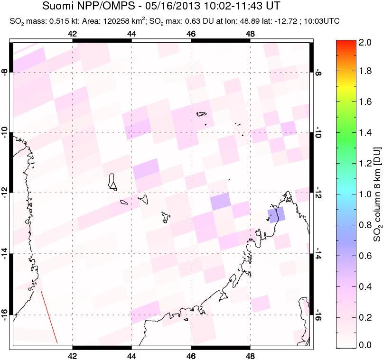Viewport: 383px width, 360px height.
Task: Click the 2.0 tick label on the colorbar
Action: click(x=365, y=43)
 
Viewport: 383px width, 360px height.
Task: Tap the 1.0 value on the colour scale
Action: click(x=365, y=194)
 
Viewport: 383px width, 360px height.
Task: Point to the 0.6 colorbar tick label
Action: click(x=365, y=256)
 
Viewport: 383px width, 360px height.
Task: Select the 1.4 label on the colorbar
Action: click(x=365, y=133)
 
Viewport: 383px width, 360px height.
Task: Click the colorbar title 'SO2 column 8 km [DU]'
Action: click(x=377, y=194)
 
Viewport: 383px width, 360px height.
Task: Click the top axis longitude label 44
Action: click(x=131, y=34)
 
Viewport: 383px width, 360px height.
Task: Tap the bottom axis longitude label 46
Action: click(x=191, y=356)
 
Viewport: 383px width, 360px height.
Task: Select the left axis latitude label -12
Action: click(x=5, y=193)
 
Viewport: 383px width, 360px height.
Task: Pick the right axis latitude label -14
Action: click(x=318, y=254)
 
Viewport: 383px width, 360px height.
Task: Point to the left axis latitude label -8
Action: click(x=5, y=72)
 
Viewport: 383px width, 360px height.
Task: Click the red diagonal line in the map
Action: click(x=49, y=317)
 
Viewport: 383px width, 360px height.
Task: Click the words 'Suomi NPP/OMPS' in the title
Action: click(x=88, y=6)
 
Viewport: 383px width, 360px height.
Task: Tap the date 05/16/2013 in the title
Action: click(x=174, y=6)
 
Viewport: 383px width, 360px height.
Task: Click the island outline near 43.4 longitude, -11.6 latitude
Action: click(x=112, y=182)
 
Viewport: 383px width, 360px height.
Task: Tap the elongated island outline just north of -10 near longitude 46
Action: click(x=202, y=114)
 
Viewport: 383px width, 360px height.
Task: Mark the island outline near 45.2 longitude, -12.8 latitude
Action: click(x=166, y=217)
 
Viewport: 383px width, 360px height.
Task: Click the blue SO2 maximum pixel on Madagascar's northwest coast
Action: click(x=277, y=214)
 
